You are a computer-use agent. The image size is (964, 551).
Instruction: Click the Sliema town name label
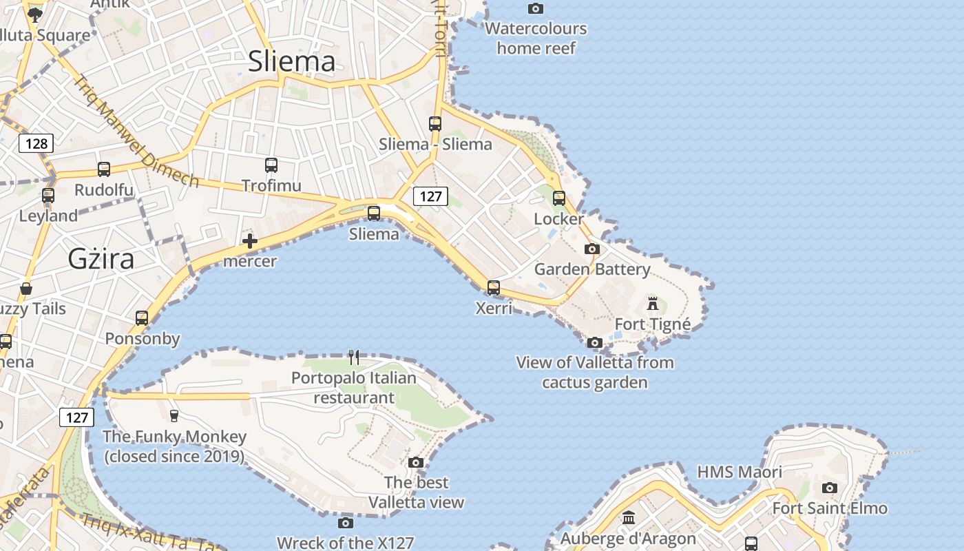click(x=291, y=61)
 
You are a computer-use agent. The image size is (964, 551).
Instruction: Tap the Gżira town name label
click(x=101, y=259)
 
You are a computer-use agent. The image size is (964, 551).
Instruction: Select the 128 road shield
click(x=36, y=143)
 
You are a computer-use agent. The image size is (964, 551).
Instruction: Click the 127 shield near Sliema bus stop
click(x=430, y=196)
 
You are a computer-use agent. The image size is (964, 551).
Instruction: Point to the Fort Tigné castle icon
click(x=653, y=303)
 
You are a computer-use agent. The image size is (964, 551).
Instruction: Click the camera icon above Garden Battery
click(x=592, y=249)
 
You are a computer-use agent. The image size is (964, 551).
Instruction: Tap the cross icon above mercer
click(x=250, y=241)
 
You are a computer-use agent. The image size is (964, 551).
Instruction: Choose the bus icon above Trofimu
click(x=271, y=165)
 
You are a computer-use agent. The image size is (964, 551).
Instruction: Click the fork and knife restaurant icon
click(x=354, y=357)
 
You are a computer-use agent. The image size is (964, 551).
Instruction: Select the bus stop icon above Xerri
click(x=494, y=287)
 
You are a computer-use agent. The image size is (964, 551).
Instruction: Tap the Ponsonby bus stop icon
click(x=142, y=318)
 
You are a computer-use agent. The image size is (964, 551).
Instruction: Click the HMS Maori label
click(x=740, y=472)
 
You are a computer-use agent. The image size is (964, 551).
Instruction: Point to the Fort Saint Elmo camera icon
click(x=830, y=488)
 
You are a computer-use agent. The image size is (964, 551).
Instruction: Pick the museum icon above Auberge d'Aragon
click(x=629, y=517)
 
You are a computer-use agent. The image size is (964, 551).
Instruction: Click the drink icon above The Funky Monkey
click(x=174, y=415)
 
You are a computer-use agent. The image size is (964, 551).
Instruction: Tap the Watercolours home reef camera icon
click(x=536, y=9)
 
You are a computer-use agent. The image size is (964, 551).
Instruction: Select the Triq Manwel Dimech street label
click(x=137, y=132)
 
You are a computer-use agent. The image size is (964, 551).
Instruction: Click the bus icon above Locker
click(x=559, y=198)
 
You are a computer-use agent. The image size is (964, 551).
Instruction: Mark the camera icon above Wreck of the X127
click(x=346, y=523)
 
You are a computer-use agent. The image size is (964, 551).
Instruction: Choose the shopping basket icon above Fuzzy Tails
click(x=26, y=288)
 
